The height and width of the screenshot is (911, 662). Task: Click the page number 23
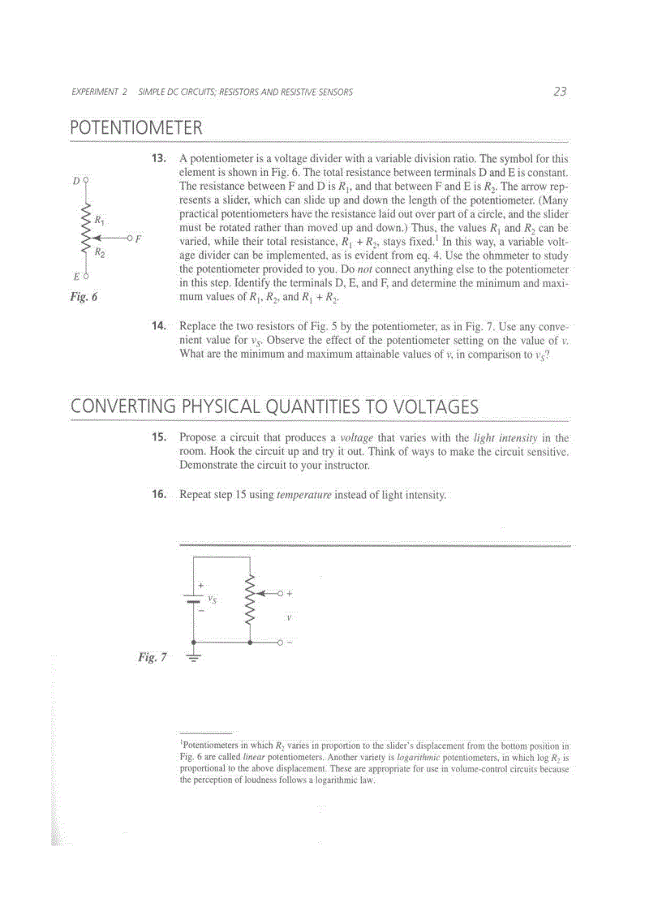coord(560,92)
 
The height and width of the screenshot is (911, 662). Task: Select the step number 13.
coord(159,159)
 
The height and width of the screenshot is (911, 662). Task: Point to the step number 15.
coord(159,437)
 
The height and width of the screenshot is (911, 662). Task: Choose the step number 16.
coord(159,494)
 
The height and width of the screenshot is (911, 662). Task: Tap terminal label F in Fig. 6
coord(138,238)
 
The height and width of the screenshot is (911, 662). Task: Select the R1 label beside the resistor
coord(99,219)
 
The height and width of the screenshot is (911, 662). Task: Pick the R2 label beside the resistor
coord(99,253)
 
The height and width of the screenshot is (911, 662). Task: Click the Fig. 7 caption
coord(152,657)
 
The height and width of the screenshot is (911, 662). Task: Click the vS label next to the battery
coord(212,600)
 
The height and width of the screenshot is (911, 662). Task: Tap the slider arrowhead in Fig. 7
coord(261,593)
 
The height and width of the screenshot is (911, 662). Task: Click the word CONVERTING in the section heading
coord(125,406)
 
